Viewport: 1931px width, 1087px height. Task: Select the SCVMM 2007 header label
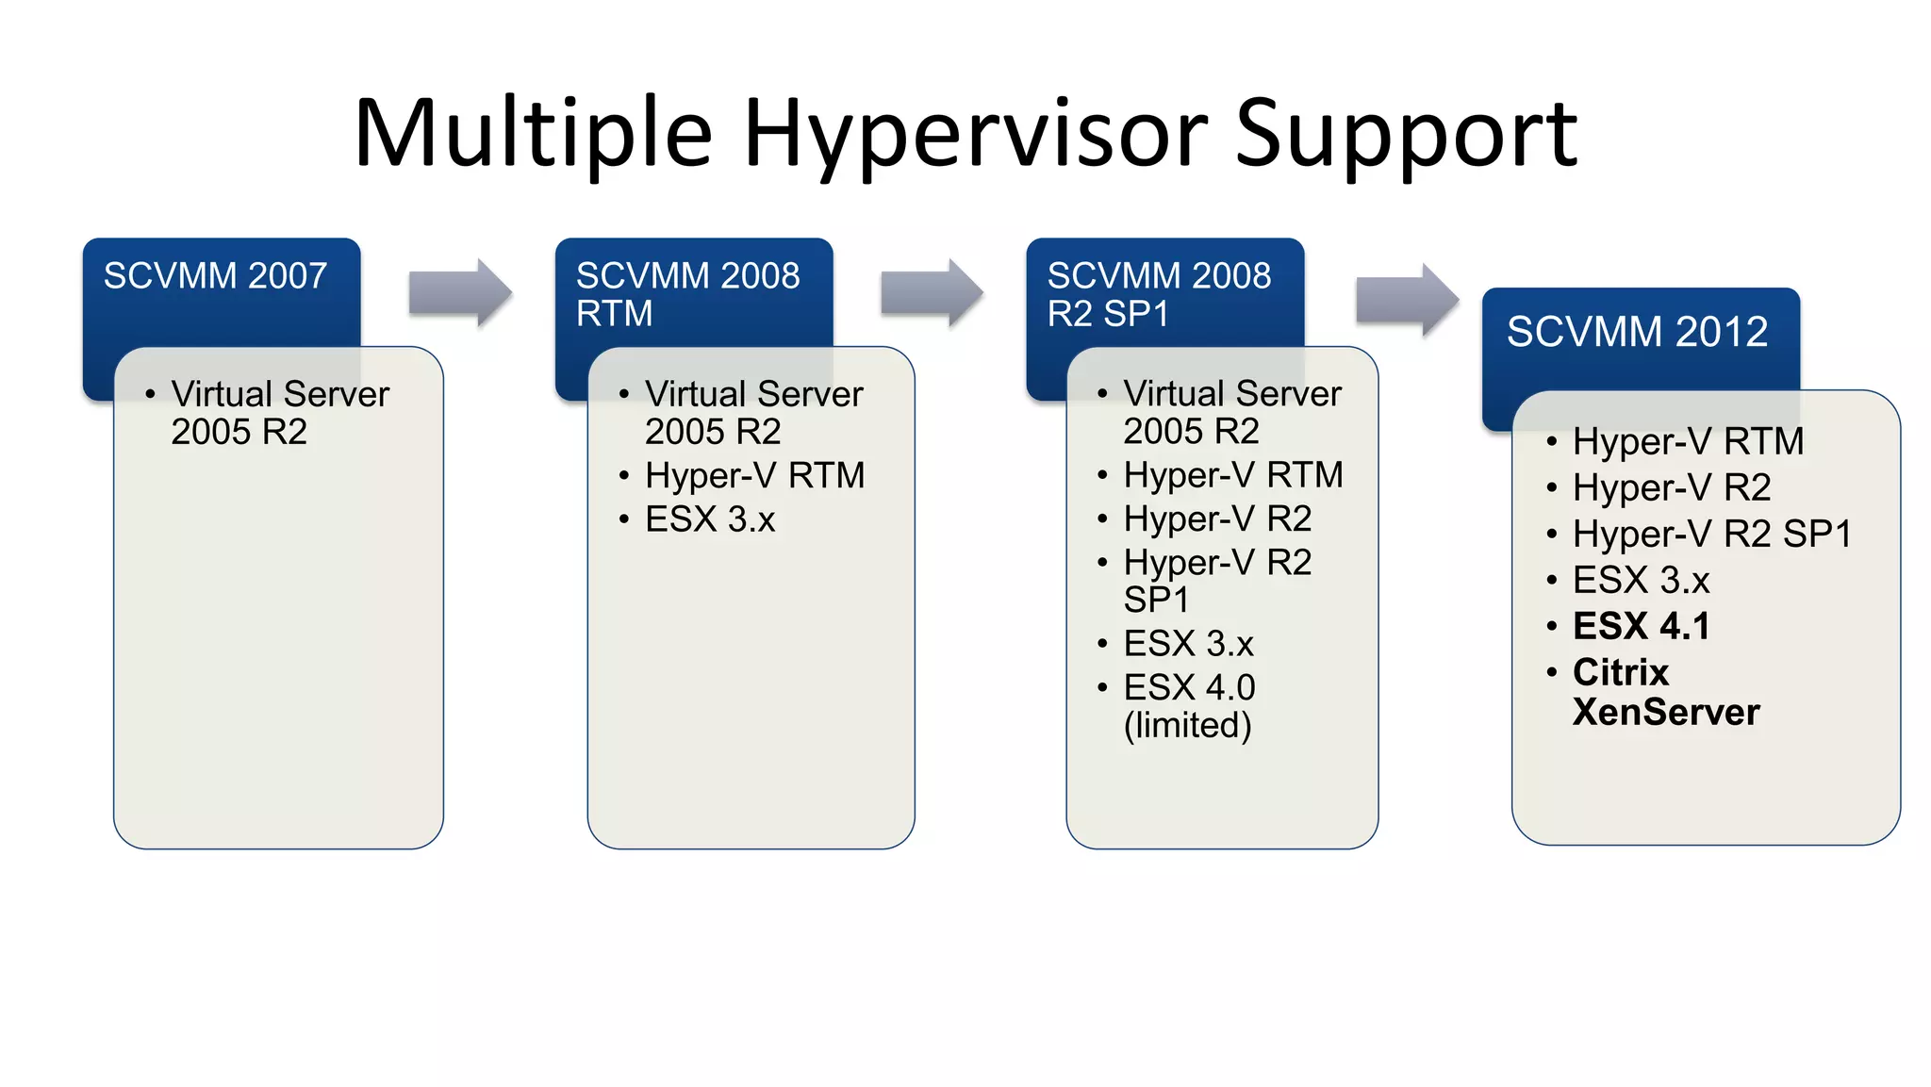click(215, 276)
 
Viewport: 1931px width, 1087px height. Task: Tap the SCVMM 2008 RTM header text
click(687, 294)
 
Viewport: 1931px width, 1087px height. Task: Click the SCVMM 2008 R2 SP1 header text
click(1159, 294)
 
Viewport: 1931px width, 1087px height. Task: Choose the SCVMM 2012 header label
click(1637, 332)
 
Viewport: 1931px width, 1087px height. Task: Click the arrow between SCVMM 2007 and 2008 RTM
click(460, 292)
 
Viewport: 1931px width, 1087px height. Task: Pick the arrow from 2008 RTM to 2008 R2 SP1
click(932, 292)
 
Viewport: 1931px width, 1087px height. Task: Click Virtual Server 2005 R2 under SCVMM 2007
click(279, 413)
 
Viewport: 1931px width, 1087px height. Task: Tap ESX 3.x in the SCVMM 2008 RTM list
click(709, 519)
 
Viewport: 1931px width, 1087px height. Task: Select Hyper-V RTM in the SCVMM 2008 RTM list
click(754, 475)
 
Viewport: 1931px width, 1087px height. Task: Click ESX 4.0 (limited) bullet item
click(1189, 706)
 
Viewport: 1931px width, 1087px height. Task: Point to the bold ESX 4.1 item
click(1641, 626)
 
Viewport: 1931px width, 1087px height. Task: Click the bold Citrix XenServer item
click(1665, 692)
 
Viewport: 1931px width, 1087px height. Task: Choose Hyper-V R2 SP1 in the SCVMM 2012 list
click(1711, 534)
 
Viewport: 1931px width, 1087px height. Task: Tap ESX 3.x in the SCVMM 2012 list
click(1641, 580)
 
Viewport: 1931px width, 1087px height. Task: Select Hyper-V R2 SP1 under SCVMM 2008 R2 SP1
click(1216, 581)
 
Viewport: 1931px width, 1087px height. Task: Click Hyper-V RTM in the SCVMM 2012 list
click(1688, 441)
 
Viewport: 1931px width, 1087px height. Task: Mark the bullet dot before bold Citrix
click(1551, 672)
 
